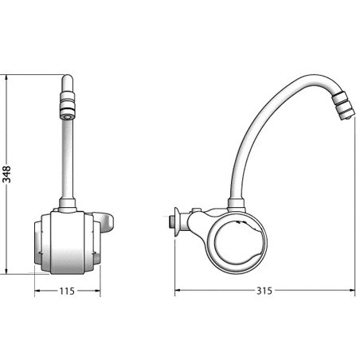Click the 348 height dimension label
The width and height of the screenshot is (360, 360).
[x=6, y=174]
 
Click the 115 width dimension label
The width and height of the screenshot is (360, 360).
[x=67, y=291]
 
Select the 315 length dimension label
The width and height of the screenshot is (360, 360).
[x=264, y=291]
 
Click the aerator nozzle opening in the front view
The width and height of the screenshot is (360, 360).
[x=67, y=116]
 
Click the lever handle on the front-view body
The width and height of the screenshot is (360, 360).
[x=106, y=222]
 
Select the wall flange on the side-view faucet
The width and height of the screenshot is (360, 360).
[x=176, y=221]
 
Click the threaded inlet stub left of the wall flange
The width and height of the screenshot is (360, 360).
[x=171, y=221]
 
